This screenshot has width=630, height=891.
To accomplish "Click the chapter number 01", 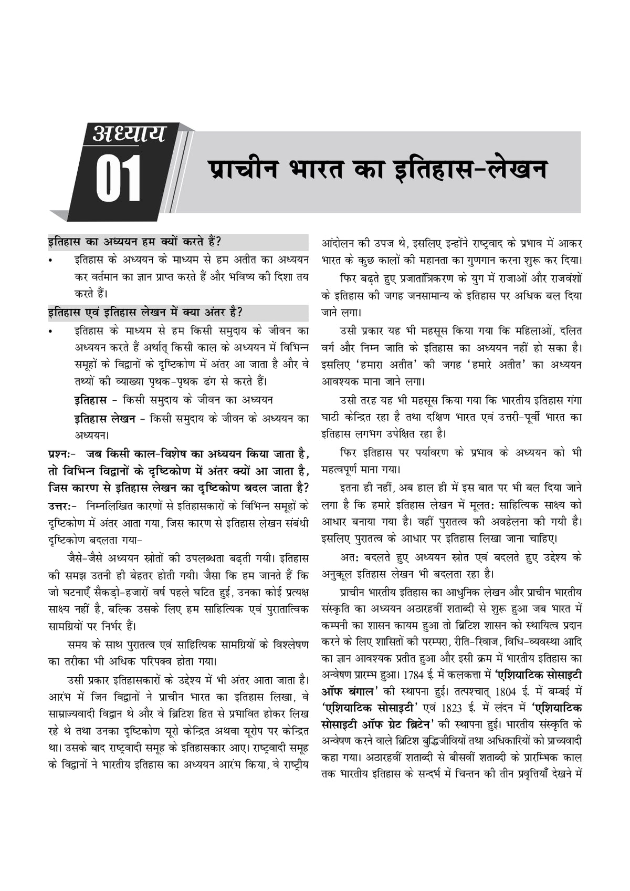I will [119, 179].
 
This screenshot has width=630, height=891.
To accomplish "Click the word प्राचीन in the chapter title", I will [242, 169].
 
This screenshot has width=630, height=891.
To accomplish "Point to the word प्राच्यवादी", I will [560, 741].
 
